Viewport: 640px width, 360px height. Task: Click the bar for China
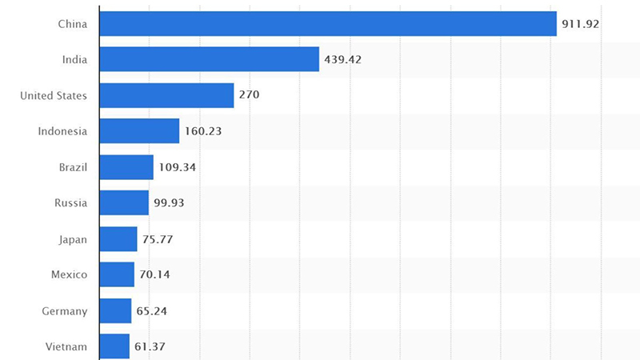click(328, 24)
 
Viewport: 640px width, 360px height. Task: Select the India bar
click(210, 59)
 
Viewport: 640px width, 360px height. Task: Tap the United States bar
click(166, 95)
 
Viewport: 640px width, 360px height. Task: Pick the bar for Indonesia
click(139, 131)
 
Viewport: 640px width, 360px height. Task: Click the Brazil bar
click(126, 167)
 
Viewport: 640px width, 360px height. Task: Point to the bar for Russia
click(124, 203)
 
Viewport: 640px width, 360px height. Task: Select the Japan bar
click(118, 239)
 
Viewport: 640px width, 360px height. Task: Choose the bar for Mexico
click(117, 274)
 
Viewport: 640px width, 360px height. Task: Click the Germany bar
click(115, 310)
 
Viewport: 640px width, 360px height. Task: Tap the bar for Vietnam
click(114, 346)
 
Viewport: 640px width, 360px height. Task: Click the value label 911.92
click(581, 24)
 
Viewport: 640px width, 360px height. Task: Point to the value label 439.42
click(343, 59)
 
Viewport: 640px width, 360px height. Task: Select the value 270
click(249, 95)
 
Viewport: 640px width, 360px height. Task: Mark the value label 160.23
click(204, 131)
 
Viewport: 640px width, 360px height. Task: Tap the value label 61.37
click(150, 346)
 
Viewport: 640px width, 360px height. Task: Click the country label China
click(72, 24)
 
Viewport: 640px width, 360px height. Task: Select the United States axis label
click(54, 95)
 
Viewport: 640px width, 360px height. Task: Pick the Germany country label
click(65, 310)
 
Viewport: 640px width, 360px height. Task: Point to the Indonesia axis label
click(62, 131)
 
